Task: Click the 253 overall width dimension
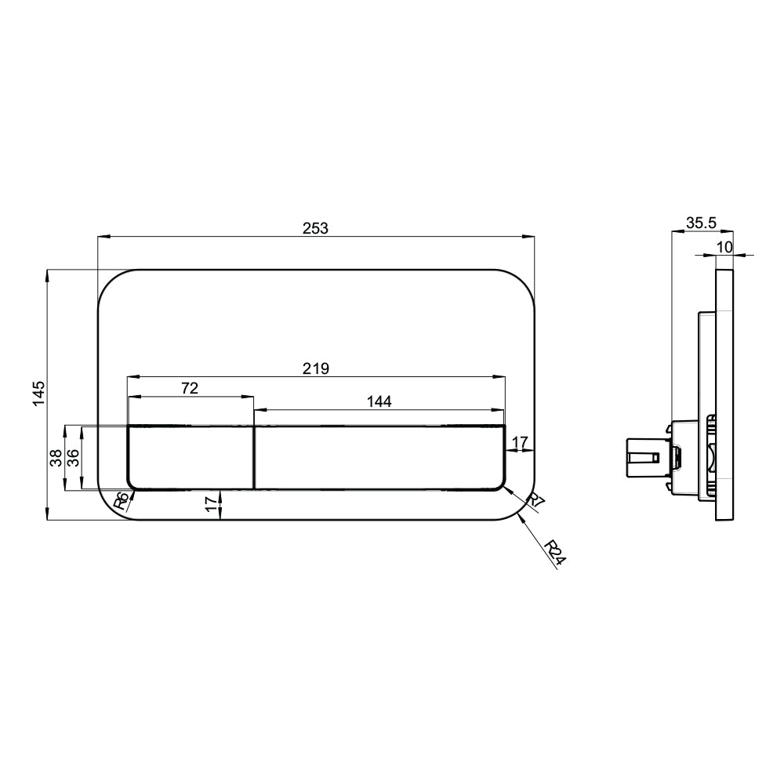315,227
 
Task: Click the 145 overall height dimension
39,394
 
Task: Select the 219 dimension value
316,368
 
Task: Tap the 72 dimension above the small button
190,388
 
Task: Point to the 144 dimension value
379,401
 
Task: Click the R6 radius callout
121,502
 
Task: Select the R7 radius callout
535,503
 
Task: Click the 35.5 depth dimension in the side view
701,223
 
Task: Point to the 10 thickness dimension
724,246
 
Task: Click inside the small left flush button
191,458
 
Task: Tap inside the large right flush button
379,458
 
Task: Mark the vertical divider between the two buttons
254,458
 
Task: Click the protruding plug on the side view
642,457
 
